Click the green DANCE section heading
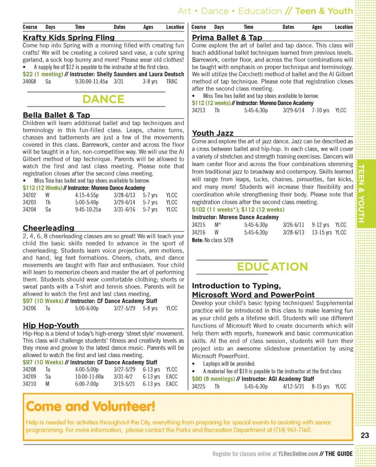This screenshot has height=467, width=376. (103, 99)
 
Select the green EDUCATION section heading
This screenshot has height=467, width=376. (272, 267)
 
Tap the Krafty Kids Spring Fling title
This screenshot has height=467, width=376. (69, 38)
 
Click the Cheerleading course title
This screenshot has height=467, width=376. (48, 228)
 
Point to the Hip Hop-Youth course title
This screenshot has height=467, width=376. (51, 325)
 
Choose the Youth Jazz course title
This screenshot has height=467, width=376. (212, 133)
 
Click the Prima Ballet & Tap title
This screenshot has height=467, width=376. (227, 38)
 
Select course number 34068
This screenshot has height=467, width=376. (29, 81)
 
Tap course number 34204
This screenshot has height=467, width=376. (29, 209)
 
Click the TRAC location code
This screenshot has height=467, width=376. (172, 81)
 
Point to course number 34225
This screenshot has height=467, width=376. (199, 386)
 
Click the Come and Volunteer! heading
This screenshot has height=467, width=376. (90, 406)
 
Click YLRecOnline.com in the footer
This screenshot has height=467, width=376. (298, 454)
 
